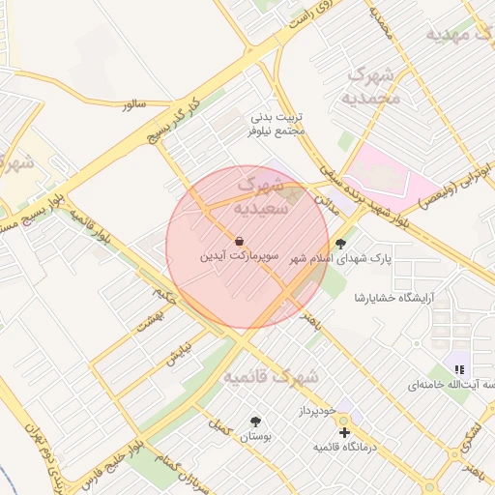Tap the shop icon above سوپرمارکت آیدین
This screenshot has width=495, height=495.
click(x=239, y=241)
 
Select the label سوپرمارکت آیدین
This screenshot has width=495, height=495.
click(x=239, y=258)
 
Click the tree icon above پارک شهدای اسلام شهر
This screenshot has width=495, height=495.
click(x=339, y=244)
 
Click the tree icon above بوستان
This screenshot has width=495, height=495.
click(x=255, y=422)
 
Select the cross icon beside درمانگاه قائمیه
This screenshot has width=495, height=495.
click(x=345, y=431)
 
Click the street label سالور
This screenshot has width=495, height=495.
click(x=132, y=103)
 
